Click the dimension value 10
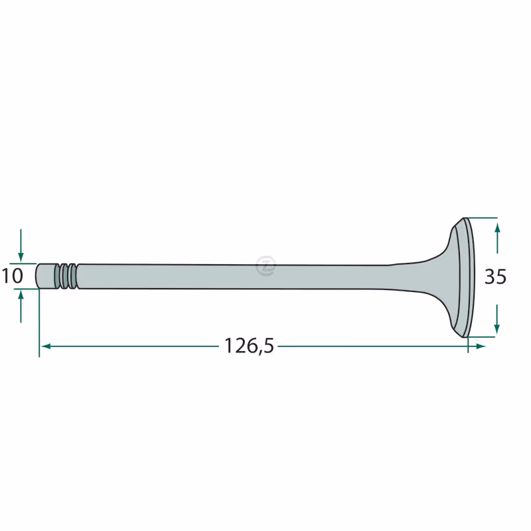13,275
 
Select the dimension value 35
495,276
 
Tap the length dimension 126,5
249,346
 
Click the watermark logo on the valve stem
266,266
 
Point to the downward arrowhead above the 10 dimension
21,258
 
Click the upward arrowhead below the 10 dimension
21,295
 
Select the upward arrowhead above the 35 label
496,228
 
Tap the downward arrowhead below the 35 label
496,329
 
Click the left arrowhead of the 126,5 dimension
46,346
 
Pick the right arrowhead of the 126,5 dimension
481,346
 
